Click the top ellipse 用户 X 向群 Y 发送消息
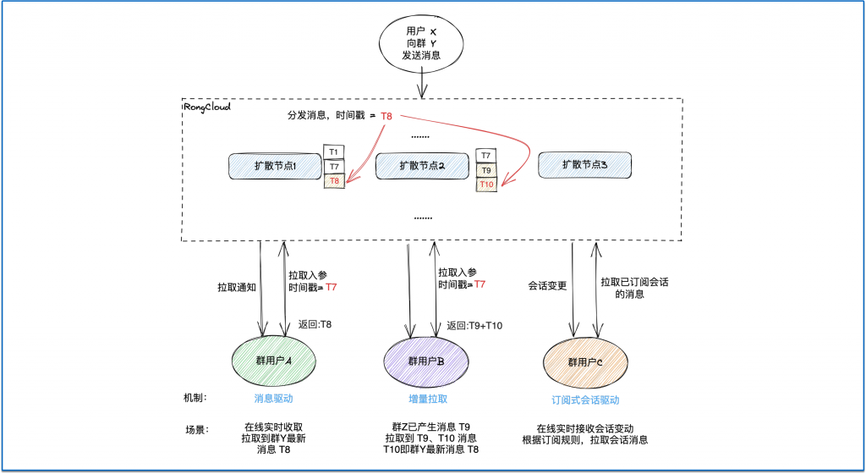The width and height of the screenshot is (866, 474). [421, 43]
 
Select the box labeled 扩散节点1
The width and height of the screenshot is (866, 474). [275, 166]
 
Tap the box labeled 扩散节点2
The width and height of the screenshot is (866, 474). [422, 166]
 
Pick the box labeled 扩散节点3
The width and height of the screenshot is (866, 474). [584, 164]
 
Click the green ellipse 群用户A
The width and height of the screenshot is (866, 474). [273, 361]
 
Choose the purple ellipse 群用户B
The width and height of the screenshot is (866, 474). [426, 361]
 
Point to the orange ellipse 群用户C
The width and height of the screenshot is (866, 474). [585, 362]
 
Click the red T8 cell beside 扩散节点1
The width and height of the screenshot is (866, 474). [334, 180]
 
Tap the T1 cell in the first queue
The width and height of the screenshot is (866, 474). [333, 152]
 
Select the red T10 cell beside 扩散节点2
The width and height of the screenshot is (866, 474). [486, 185]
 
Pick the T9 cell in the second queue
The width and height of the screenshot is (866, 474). [486, 170]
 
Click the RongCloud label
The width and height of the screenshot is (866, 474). [207, 107]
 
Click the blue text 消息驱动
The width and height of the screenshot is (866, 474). [273, 399]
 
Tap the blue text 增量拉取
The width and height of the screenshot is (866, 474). [428, 399]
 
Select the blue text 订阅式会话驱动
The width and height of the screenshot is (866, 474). [585, 400]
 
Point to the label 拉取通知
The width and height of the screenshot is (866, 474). [237, 287]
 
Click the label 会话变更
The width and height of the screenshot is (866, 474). [547, 285]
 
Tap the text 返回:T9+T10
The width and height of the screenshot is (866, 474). [474, 325]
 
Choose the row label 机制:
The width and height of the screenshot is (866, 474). [195, 398]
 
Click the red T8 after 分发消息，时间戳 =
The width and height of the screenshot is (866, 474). [386, 116]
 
